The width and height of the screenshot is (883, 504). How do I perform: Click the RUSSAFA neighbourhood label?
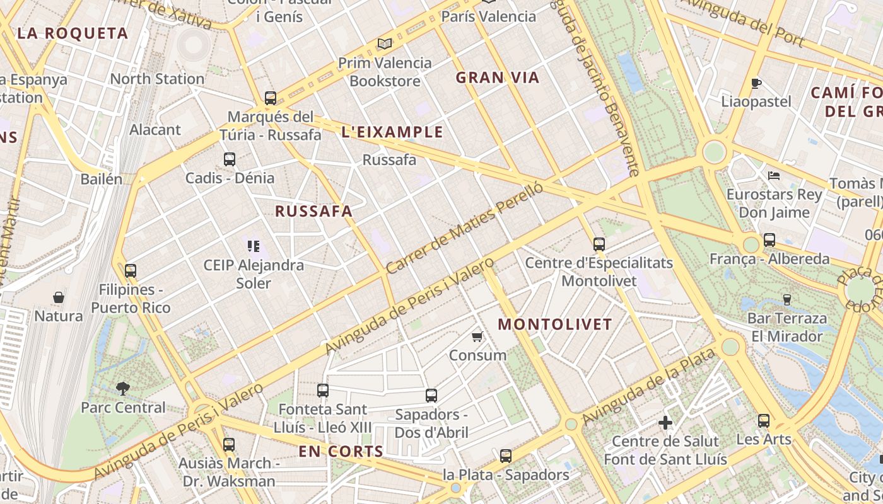click(x=313, y=212)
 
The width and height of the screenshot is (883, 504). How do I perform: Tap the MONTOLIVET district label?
click(x=555, y=325)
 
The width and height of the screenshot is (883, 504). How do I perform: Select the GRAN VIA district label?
click(x=498, y=78)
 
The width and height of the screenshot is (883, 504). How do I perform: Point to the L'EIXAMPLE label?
click(x=392, y=132)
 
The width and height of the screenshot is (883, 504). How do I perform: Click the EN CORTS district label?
click(x=341, y=452)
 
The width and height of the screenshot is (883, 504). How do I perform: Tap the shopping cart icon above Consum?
click(x=477, y=337)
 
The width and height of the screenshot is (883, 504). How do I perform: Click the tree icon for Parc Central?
click(x=123, y=389)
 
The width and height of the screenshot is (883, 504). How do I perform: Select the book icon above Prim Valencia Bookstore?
click(x=385, y=43)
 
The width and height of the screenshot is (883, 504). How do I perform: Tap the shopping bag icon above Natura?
click(x=59, y=297)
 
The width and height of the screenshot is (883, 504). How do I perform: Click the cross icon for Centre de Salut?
click(x=665, y=423)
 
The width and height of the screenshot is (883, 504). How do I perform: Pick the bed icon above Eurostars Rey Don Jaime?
click(x=774, y=175)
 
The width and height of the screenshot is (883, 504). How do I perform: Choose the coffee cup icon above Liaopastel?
click(x=756, y=83)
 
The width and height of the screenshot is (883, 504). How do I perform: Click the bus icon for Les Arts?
click(x=764, y=420)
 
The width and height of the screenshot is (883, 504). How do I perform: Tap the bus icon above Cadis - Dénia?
click(x=230, y=159)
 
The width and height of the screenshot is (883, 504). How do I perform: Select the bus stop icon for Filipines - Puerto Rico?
click(x=131, y=271)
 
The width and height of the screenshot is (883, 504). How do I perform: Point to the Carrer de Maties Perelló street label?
click(x=464, y=228)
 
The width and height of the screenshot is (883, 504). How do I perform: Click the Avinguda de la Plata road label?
click(x=649, y=386)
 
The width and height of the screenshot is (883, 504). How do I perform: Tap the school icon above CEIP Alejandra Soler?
click(x=254, y=246)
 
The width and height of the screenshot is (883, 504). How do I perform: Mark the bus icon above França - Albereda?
click(x=769, y=240)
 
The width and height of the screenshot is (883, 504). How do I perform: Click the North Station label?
click(x=157, y=79)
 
